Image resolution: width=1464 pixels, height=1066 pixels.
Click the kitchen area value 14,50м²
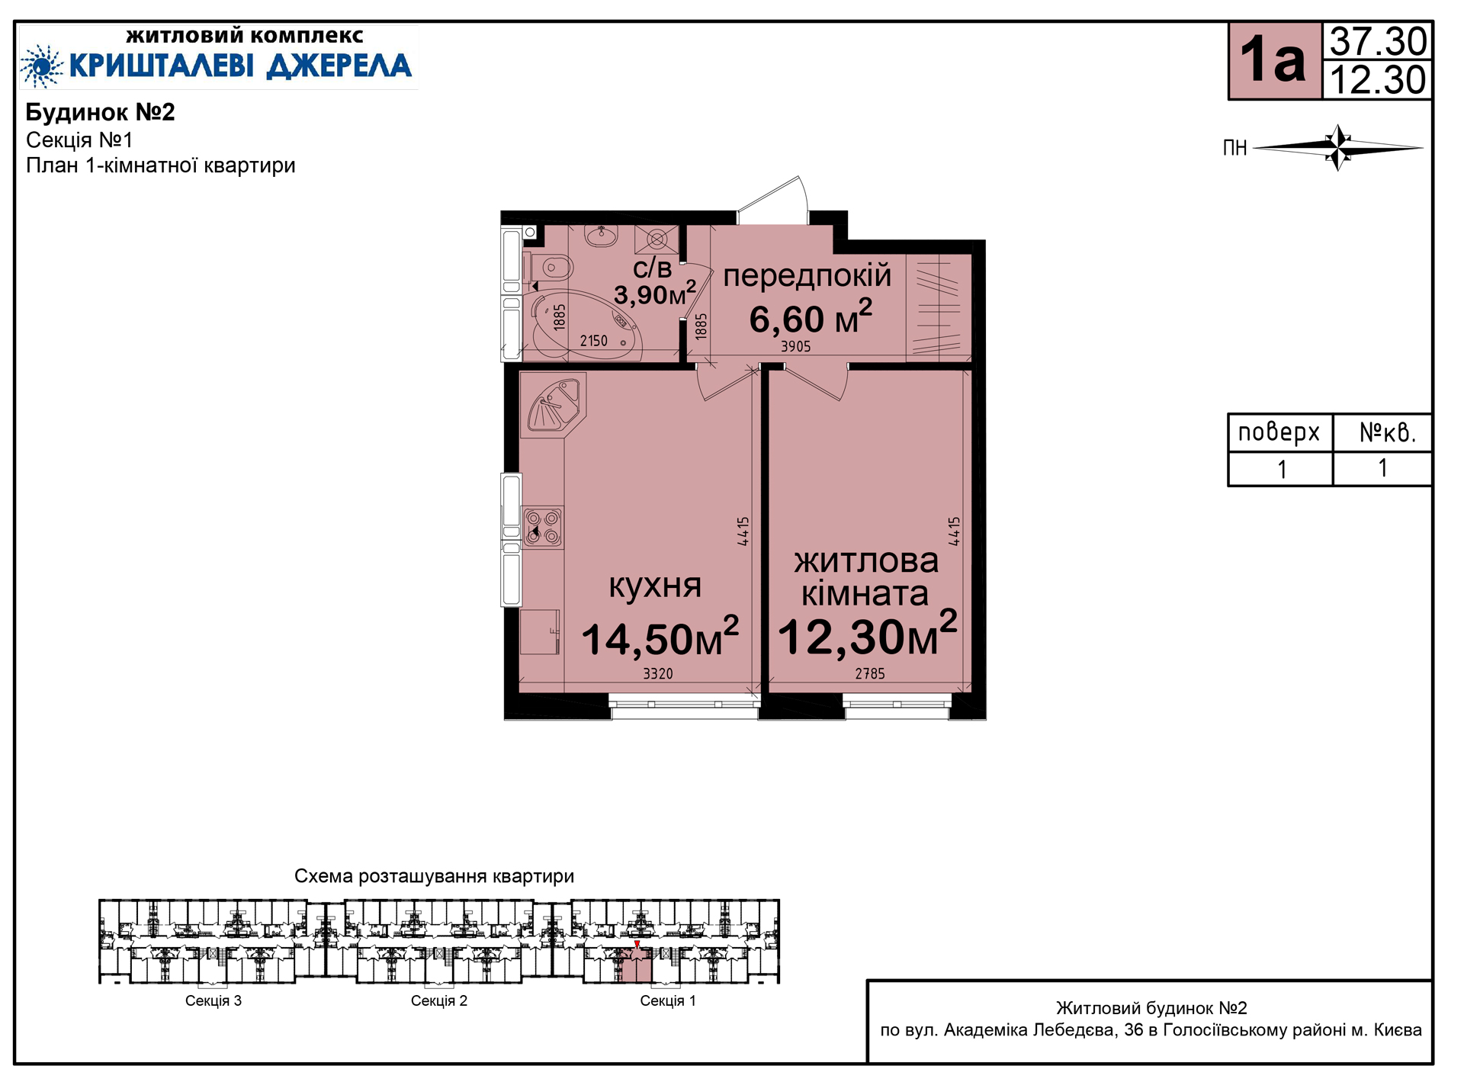pos(660,637)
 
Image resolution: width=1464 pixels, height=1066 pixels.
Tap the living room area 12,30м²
pos(868,634)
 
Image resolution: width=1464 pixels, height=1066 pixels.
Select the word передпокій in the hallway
pos(807,275)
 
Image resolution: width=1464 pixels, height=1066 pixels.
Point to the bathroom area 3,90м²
pos(655,293)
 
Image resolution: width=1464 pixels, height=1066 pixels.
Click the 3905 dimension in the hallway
pos(795,347)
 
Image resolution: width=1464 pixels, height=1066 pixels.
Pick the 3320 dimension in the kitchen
pos(658,674)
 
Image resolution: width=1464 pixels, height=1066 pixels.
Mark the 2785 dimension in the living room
pos(870,674)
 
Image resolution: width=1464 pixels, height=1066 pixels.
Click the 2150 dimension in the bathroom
pos(594,341)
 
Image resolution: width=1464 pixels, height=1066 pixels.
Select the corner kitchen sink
pos(552,403)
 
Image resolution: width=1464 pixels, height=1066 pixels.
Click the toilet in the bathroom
pos(552,268)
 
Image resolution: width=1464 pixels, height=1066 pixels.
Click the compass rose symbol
pos(1338,147)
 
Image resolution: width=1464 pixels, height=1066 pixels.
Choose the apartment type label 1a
pos(1273,59)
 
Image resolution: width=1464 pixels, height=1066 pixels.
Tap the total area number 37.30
pos(1378,41)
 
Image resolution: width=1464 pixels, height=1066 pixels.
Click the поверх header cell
pos(1279,432)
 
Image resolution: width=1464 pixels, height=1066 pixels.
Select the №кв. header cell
pos(1382,432)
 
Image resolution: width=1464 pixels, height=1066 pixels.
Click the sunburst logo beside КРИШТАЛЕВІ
pos(42,66)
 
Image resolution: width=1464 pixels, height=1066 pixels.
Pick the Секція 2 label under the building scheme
pos(439,1000)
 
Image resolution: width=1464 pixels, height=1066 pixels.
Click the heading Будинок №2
pos(101,112)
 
